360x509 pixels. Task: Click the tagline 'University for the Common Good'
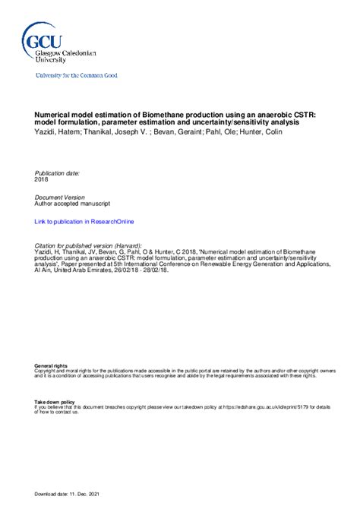pos(77,75)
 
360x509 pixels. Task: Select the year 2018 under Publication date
pos(42,179)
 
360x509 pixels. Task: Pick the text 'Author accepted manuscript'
pos(72,204)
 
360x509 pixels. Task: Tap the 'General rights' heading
pos(49,366)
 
